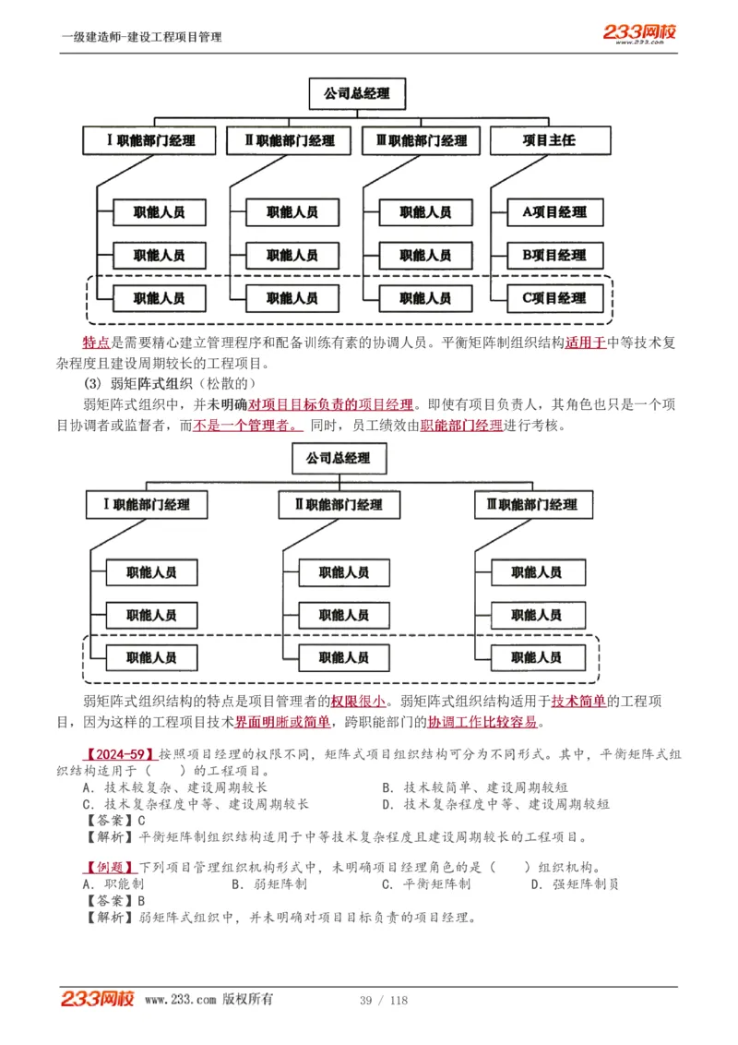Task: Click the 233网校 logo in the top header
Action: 640,33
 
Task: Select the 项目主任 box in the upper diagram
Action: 549,140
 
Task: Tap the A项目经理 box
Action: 554,212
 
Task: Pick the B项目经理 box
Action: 554,256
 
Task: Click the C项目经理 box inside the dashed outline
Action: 554,298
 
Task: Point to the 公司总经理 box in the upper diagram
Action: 356,93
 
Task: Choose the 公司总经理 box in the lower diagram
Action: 339,458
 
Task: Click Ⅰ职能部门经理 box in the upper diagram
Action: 152,140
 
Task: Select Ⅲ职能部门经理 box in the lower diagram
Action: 531,505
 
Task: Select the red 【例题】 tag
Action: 108,868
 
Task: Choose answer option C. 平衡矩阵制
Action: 425,884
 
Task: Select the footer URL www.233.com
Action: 181,1000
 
